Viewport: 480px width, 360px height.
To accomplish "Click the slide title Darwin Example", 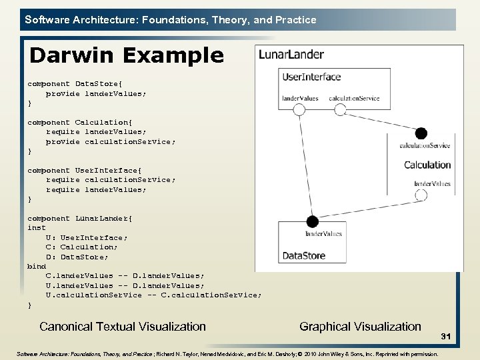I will click(127, 55).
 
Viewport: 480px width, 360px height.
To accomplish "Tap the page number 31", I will click(446, 338).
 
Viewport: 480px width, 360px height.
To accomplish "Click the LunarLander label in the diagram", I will click(291, 55).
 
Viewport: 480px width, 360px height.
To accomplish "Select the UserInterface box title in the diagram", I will click(311, 77).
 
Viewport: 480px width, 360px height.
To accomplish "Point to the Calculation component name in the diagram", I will click(427, 165).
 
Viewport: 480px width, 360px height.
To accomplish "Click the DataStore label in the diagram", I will click(304, 255).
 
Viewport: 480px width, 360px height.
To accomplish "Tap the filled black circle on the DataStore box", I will click(312, 221).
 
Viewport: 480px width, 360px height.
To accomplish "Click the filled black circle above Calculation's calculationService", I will click(421, 133).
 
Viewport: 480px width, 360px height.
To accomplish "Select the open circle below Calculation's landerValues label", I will click(421, 195).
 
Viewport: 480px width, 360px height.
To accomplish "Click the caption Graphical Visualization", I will click(360, 326).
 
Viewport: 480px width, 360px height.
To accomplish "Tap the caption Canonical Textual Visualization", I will click(123, 326).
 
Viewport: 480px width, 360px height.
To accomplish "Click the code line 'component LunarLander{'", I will click(80, 218).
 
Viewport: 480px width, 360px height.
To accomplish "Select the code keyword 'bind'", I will click(37, 266).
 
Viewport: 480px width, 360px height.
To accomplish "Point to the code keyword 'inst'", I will click(37, 227).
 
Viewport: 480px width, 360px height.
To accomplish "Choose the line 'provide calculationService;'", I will click(111, 141).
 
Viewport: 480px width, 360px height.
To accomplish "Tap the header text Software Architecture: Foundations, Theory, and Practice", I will click(170, 20).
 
